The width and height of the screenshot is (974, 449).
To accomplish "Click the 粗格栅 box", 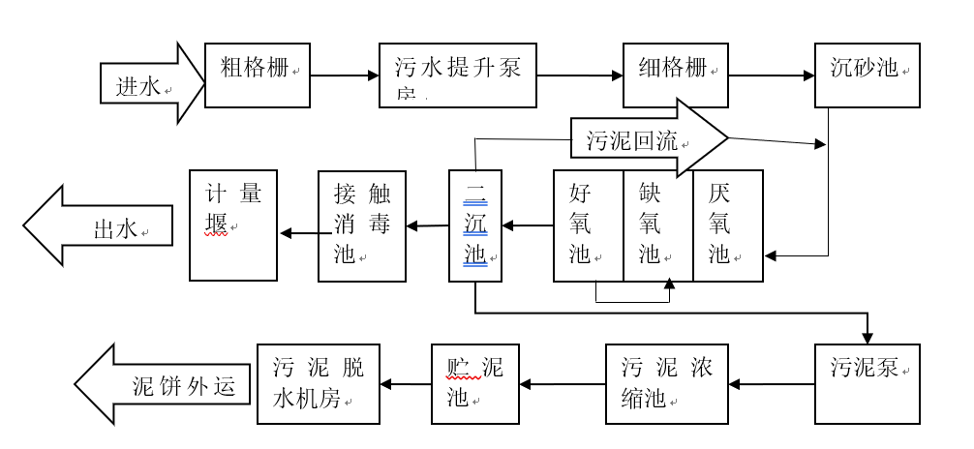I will coord(258,75).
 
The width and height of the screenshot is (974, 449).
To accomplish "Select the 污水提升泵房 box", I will coord(457,75).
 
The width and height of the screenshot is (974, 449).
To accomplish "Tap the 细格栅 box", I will coord(675,75).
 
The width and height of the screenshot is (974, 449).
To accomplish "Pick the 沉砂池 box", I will coord(867,75).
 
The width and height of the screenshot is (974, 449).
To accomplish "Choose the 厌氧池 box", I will coord(728,225).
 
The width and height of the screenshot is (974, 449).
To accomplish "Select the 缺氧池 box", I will coord(657,225).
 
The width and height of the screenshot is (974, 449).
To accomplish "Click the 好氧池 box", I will coord(588,225).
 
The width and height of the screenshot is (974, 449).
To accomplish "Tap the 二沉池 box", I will coord(475,225).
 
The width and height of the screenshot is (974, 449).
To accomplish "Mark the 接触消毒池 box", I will coord(362,225).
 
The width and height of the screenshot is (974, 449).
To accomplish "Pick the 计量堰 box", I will coord(233,225).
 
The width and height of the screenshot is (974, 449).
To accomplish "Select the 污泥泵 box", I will coord(867,384).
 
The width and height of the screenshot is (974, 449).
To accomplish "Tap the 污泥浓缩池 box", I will coord(666,384).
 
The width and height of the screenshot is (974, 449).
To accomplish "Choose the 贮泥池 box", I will coord(474,384).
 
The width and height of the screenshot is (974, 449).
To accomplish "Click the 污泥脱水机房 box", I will coord(318,384).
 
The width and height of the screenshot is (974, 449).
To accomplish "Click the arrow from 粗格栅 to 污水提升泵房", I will coord(344,75).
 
